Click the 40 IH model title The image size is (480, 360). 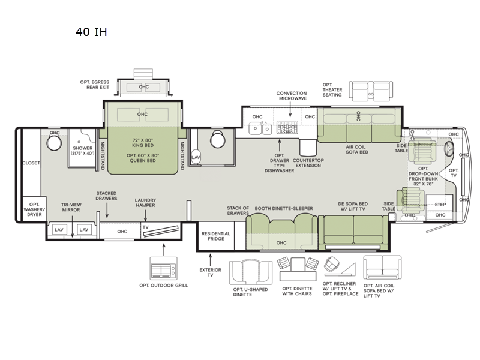pos(91,32)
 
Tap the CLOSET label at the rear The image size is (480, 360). pos(31,163)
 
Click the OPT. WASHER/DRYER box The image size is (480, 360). pos(33,209)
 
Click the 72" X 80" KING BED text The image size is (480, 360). pos(142,142)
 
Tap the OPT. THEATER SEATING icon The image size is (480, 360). pos(371,92)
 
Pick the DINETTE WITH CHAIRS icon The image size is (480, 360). pos(297,268)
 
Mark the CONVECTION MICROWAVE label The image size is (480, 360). pos(291,97)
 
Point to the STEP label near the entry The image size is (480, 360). pos(440,203)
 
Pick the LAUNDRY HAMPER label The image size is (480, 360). pos(145,203)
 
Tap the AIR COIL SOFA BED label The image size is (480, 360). pos(356,149)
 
